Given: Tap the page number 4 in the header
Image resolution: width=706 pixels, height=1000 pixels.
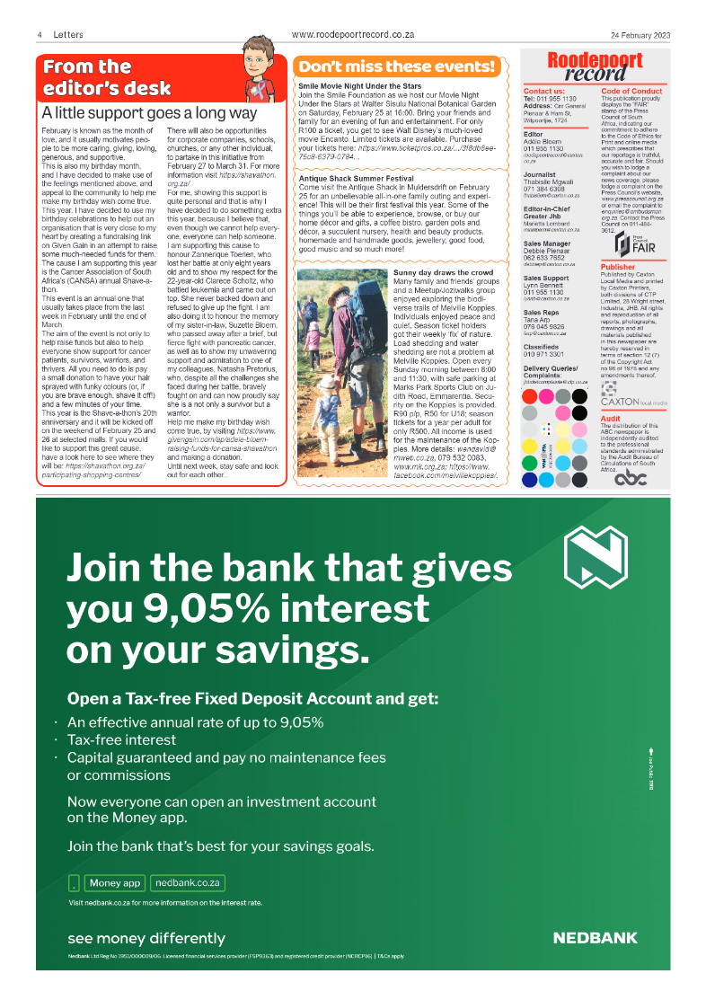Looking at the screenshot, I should coord(40,35).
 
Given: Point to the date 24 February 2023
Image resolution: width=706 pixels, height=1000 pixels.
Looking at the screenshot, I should coord(640,35).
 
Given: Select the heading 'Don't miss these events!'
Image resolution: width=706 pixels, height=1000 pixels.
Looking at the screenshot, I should coord(396,66).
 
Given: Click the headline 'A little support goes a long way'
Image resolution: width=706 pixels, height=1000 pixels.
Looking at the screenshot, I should coord(149,114).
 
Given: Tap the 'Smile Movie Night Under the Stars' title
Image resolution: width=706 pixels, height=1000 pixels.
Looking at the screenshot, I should coord(358,85).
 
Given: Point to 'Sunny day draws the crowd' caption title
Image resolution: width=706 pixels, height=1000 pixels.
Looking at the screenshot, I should coord(443,271).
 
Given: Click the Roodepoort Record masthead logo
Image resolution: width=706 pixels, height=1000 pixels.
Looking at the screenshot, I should coord(583,67).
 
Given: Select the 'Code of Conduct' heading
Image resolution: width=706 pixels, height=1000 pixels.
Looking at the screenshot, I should coord(631,92).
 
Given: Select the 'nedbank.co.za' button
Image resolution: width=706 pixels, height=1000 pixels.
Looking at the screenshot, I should coord(187,882).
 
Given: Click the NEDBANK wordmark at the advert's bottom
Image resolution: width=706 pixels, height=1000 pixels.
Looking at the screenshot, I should coord(595,937).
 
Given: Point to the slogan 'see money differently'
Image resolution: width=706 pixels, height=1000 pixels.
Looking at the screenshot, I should coord(146,938).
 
